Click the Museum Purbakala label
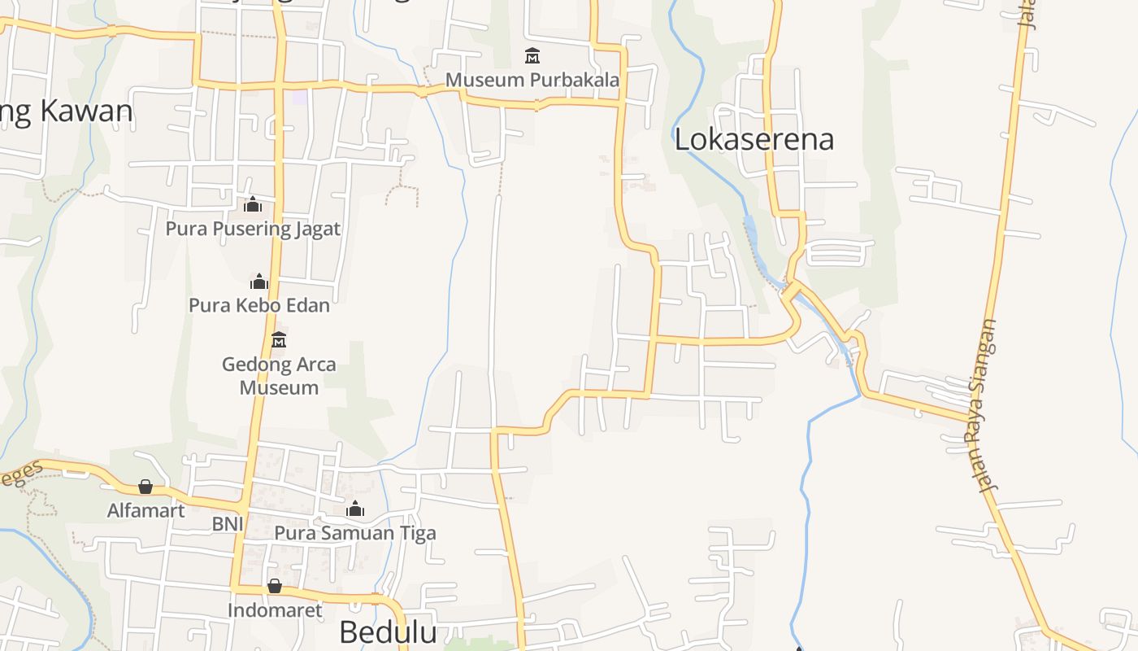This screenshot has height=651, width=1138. pyautogui.click(x=532, y=80)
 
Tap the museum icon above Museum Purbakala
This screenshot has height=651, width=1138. pyautogui.click(x=532, y=55)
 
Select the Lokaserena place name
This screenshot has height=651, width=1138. pyautogui.click(x=754, y=139)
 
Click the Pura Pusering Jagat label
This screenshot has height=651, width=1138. pyautogui.click(x=253, y=229)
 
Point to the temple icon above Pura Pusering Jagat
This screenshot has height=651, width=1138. pyautogui.click(x=253, y=203)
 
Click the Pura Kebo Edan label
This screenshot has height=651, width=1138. pyautogui.click(x=259, y=305)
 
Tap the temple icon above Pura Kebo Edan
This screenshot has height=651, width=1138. pyautogui.click(x=259, y=282)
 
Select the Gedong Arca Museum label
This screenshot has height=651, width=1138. pyautogui.click(x=279, y=375)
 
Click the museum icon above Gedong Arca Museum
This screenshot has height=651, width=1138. pyautogui.click(x=279, y=339)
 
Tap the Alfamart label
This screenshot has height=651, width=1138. pyautogui.click(x=146, y=510)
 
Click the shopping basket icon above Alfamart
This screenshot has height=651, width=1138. pyautogui.click(x=146, y=487)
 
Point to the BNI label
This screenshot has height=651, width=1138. pyautogui.click(x=228, y=524)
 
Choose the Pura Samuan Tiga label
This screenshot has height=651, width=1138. pyautogui.click(x=355, y=533)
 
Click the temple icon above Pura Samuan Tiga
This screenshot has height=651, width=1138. pyautogui.click(x=355, y=509)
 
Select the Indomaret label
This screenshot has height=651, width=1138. pyautogui.click(x=275, y=610)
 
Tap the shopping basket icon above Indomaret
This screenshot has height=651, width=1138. pyautogui.click(x=275, y=586)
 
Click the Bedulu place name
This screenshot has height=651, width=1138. pyautogui.click(x=388, y=632)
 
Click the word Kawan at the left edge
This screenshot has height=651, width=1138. pyautogui.click(x=85, y=111)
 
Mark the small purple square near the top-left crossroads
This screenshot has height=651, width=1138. pyautogui.click(x=300, y=97)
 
